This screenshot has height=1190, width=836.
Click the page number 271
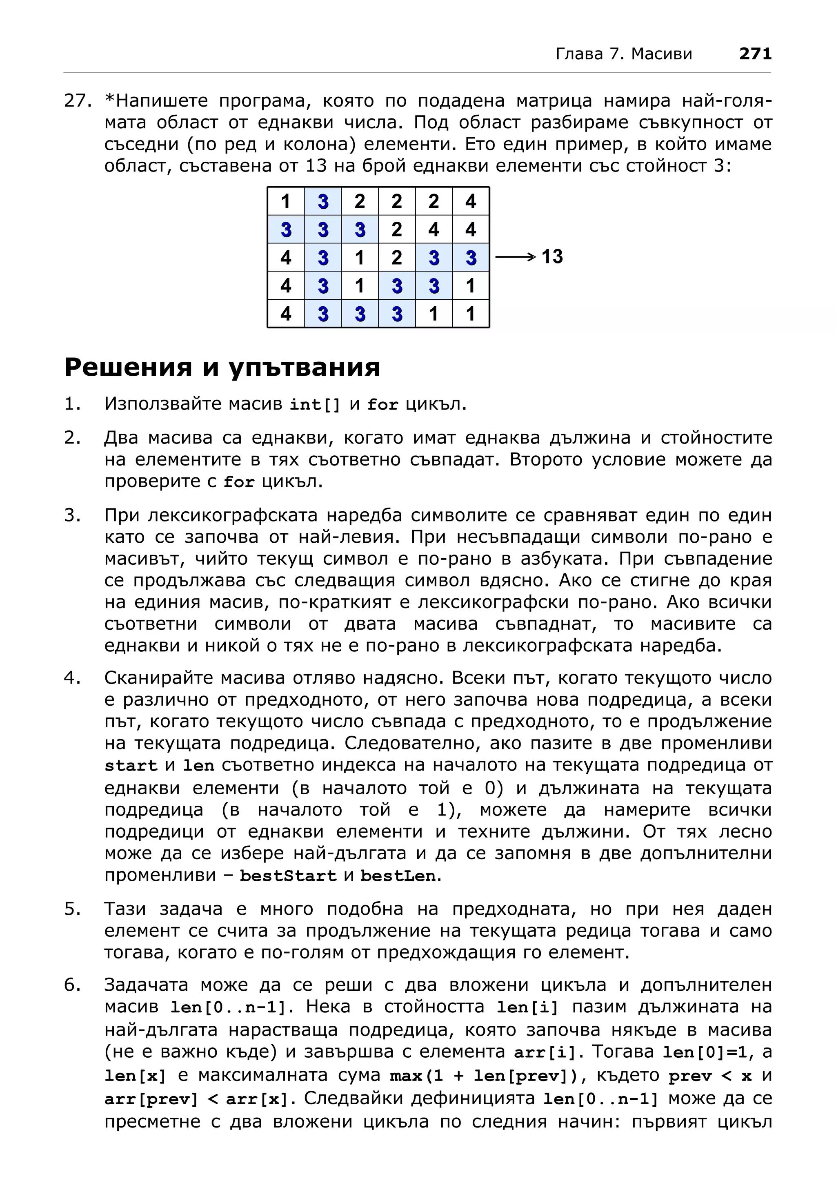755,53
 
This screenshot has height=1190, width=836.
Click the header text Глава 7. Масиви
624,54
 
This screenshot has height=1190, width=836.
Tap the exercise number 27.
78,100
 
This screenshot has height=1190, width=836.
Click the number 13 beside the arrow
552,256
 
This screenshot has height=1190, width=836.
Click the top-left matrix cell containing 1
285,201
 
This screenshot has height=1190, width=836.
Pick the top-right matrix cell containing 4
470,201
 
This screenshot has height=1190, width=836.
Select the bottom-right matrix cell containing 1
470,314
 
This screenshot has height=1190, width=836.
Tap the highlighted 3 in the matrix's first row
323,201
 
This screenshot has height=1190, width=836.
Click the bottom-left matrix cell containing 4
285,314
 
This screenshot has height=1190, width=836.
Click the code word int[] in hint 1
315,405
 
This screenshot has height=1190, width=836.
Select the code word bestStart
288,876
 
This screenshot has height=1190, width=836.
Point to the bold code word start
131,766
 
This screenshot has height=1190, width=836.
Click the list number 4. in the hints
73,678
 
